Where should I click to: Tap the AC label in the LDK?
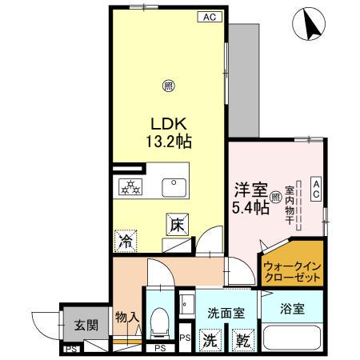(x=208, y=16)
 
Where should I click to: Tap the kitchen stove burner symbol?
(x=130, y=188)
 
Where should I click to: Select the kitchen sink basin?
(x=174, y=187)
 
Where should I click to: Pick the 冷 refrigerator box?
(x=126, y=239)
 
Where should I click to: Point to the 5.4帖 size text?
(x=248, y=208)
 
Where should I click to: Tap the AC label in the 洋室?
(x=316, y=189)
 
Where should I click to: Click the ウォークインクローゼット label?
(x=292, y=270)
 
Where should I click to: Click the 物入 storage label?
(x=126, y=318)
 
